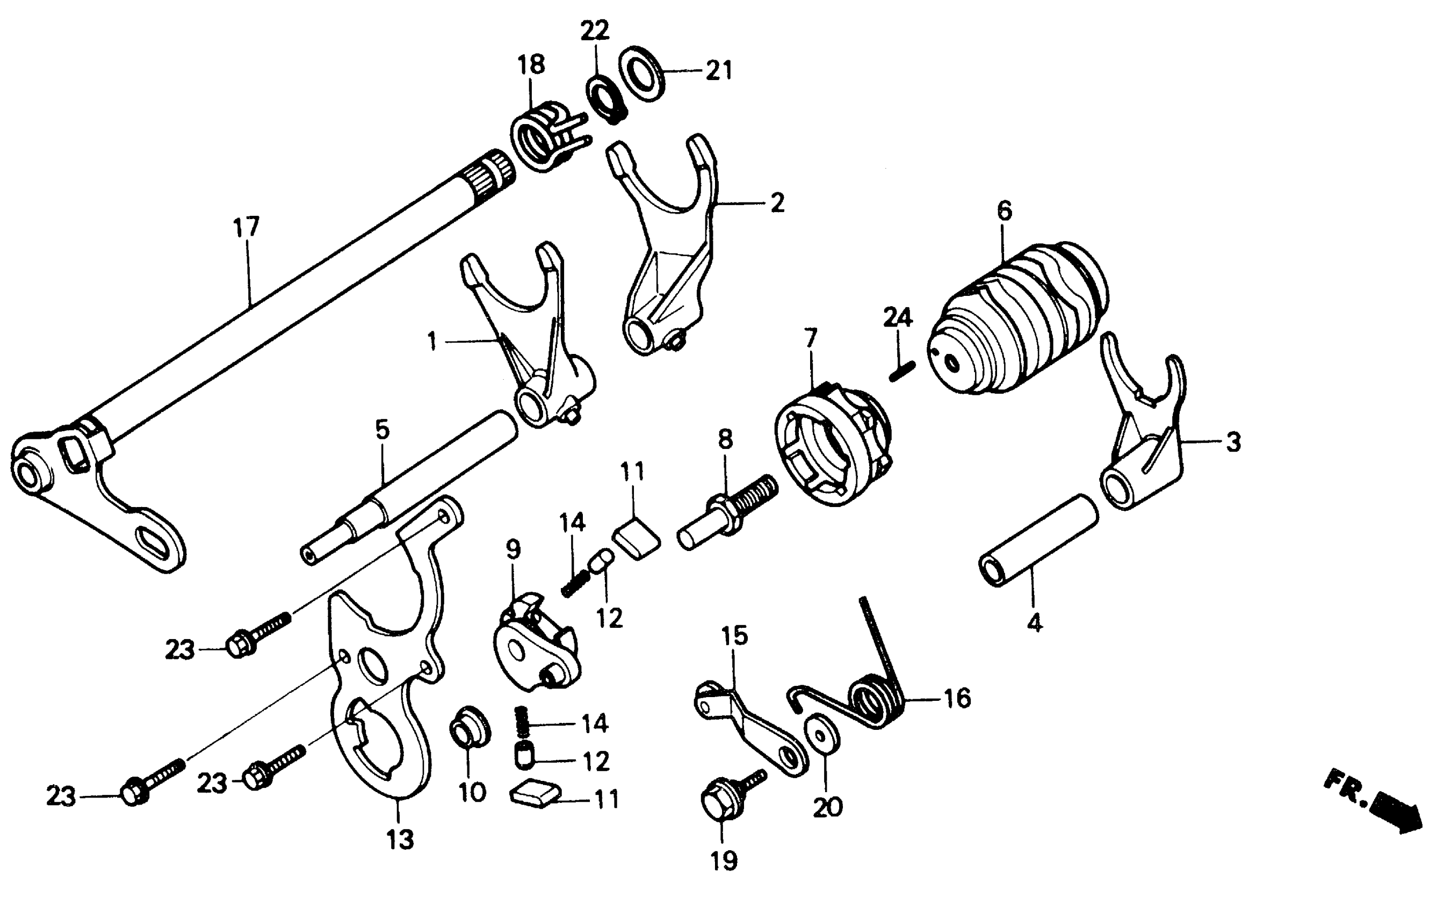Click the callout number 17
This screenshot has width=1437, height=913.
pyautogui.click(x=246, y=227)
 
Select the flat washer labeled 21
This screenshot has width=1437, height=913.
pyautogui.click(x=641, y=73)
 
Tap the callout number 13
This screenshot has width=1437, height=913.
pyautogui.click(x=400, y=840)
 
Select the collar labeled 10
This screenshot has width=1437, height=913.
pyautogui.click(x=470, y=726)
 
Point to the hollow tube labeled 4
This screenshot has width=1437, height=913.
pyautogui.click(x=1038, y=540)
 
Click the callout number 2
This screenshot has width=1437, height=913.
pyautogui.click(x=777, y=204)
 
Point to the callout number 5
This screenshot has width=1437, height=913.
pyautogui.click(x=382, y=429)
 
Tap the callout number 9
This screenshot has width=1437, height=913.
pyautogui.click(x=513, y=549)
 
